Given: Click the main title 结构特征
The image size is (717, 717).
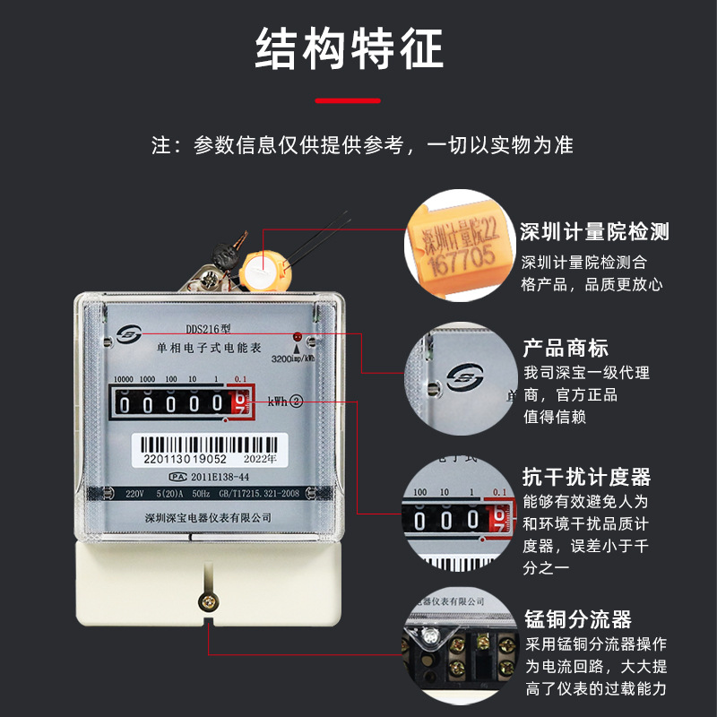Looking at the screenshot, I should point(350,49).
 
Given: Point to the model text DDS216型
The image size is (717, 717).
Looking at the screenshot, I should point(208,329).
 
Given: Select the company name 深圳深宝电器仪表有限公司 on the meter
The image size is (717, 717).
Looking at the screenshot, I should point(207,518).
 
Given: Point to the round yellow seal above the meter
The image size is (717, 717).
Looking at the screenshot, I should point(266,264).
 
